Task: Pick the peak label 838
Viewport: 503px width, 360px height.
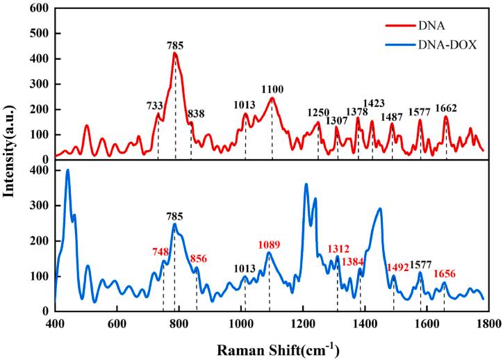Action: click(196, 113)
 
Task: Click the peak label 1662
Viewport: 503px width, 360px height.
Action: click(446, 108)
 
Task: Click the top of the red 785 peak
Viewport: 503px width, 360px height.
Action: click(175, 53)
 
